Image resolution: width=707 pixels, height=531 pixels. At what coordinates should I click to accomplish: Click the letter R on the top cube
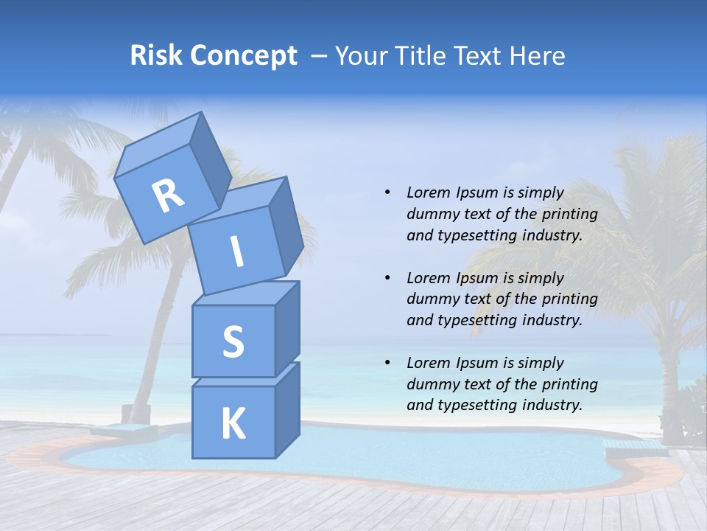coord(169,196)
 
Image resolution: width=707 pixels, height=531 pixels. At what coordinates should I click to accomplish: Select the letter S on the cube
coord(233,341)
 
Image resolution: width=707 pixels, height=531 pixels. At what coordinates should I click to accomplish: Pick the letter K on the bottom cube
coord(233,424)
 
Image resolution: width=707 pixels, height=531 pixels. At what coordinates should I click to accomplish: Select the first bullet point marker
coord(387,193)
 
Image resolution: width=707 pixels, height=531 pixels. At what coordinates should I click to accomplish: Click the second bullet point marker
coord(387,278)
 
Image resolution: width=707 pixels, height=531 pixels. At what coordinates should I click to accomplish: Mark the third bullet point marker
coord(387,363)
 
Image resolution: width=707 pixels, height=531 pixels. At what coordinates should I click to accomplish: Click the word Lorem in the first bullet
coord(429,193)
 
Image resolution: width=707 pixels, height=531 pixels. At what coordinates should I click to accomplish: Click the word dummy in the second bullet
coord(432,299)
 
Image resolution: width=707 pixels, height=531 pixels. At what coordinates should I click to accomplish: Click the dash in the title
coord(319,56)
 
